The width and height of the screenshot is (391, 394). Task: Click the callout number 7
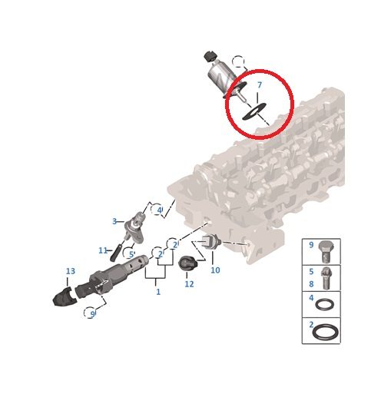pos(260,84)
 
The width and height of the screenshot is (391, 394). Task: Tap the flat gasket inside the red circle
pos(254,111)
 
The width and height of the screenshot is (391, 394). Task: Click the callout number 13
pos(71,271)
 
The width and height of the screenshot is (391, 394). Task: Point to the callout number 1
pos(158,292)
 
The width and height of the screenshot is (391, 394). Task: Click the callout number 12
pos(189,283)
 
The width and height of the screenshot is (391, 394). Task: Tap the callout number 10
pos(215,270)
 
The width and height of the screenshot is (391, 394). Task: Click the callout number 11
pos(103,250)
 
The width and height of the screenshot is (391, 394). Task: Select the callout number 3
pos(114,221)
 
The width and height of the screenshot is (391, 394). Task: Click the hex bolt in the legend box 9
pos(326,252)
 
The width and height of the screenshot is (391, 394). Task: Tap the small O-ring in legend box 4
pos(324,304)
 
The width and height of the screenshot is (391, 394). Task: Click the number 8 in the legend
pos(311,284)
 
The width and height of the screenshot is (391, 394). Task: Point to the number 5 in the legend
pos(311,271)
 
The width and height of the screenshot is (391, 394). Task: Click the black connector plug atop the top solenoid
pos(210,56)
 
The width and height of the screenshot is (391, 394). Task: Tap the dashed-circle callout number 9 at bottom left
pos(92,313)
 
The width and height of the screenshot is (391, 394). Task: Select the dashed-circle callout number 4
pos(160,210)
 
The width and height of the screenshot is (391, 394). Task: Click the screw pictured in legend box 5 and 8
pos(326,279)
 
